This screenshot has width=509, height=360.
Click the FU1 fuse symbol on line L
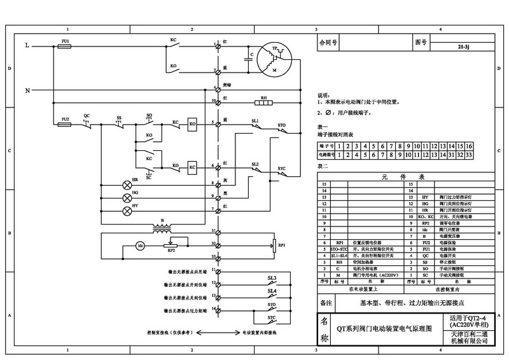pyautogui.click(x=65, y=46)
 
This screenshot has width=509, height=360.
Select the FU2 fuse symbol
pyautogui.click(x=65, y=125)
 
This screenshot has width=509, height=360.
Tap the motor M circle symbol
pyautogui.click(x=275, y=62)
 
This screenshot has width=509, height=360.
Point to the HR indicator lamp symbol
pyautogui.click(x=126, y=186)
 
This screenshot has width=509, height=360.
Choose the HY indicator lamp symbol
pyautogui.click(x=126, y=210)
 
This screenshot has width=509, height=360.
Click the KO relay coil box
pyautogui.click(x=192, y=126)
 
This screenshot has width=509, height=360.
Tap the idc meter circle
pyautogui.click(x=142, y=246)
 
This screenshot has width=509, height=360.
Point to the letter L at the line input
pyautogui.click(x=27, y=46)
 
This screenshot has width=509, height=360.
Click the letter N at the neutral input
pyautogui.click(x=27, y=90)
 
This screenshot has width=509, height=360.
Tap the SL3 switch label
pyautogui.click(x=272, y=277)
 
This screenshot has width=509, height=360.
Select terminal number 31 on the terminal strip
pyautogui.click(x=214, y=231)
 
